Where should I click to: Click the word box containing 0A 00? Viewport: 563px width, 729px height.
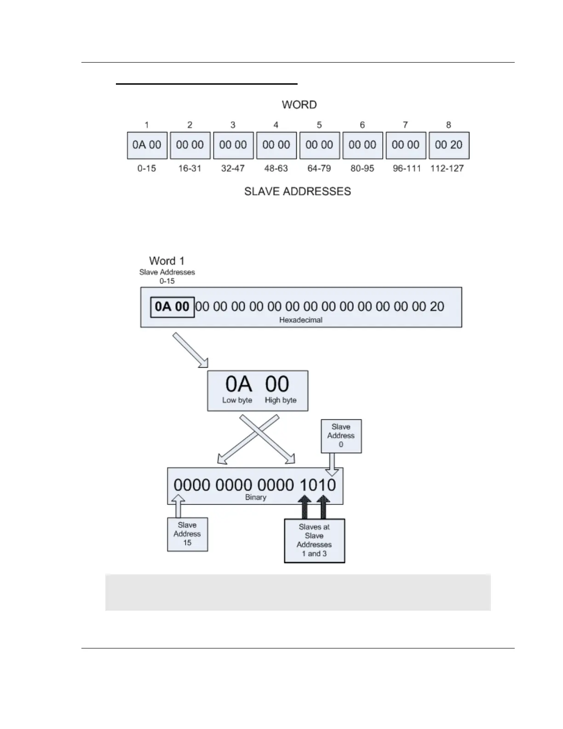click(147, 145)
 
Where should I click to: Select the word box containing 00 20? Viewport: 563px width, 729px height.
click(448, 145)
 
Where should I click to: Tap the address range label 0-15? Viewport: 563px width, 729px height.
click(147, 168)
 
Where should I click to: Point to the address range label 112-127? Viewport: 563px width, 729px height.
click(447, 168)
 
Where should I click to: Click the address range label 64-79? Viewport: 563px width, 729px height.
click(319, 168)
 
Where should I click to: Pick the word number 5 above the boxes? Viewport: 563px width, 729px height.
click(319, 125)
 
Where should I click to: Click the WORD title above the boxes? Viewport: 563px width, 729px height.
click(299, 105)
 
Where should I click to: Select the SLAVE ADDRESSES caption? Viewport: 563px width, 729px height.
click(298, 191)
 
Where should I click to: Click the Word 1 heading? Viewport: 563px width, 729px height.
click(167, 261)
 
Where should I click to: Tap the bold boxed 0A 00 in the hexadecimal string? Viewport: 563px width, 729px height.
click(172, 307)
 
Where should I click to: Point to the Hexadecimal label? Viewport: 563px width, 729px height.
click(301, 320)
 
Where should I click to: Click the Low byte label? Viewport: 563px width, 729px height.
click(237, 400)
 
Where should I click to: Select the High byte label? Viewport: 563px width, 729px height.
click(281, 400)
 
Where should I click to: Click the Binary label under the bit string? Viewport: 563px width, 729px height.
click(256, 498)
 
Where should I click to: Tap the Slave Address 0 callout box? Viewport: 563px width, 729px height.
click(341, 436)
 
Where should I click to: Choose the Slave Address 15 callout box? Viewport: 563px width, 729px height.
click(187, 534)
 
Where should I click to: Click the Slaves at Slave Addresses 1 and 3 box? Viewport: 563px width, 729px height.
click(314, 540)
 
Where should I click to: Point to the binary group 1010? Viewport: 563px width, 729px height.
click(318, 485)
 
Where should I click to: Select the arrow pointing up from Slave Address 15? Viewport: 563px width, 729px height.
click(178, 506)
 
